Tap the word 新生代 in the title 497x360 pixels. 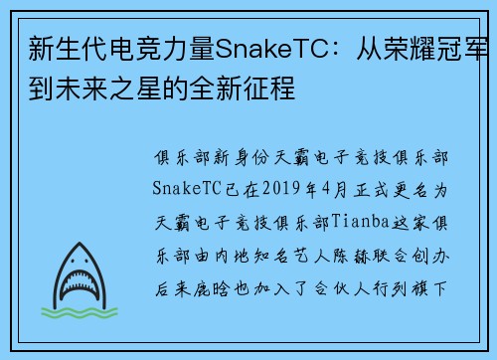[x=57, y=50]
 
